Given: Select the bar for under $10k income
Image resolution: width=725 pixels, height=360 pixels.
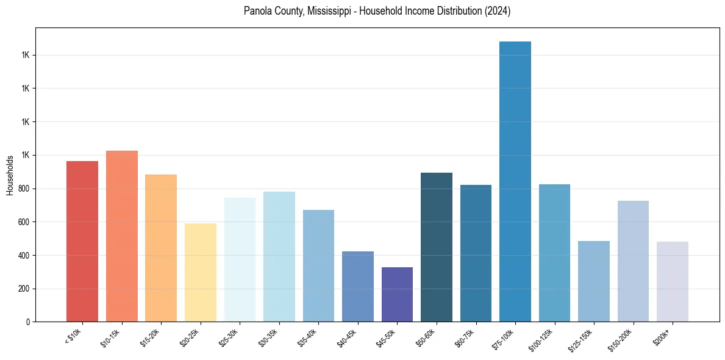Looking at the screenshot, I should (82, 241).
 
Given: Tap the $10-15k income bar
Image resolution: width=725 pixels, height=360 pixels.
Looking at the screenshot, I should (122, 236).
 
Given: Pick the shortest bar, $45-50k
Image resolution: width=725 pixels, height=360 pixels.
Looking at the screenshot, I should (397, 294).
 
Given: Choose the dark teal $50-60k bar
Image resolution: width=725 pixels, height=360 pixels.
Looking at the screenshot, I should (437, 247).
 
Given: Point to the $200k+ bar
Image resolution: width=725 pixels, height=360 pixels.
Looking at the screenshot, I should (673, 281).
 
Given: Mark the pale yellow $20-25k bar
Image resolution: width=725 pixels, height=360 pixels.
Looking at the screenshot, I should (201, 272).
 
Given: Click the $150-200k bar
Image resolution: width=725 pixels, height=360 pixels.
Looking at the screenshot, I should (633, 261).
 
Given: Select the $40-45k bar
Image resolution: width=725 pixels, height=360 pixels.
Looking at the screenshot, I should (358, 286).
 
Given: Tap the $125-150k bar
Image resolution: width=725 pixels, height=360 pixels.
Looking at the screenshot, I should (594, 281).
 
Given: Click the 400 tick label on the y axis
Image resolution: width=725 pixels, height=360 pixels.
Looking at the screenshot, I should (24, 255).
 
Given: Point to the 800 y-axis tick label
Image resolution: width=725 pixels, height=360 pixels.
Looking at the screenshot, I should (24, 189).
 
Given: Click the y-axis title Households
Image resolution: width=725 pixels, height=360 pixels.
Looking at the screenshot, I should (10, 175).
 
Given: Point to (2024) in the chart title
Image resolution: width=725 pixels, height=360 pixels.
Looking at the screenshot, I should (497, 11).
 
